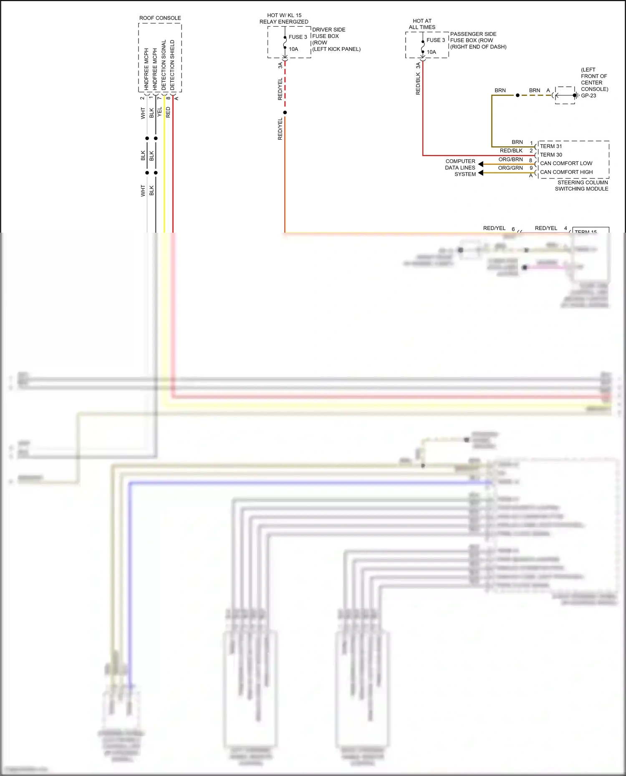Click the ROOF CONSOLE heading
click(x=160, y=18)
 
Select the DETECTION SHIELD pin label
click(x=172, y=65)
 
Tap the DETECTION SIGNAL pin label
click(x=164, y=65)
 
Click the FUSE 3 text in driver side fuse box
click(x=298, y=37)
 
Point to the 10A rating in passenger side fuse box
click(x=431, y=52)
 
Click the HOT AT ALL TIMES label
click(x=422, y=24)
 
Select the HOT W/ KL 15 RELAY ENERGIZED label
click(x=284, y=18)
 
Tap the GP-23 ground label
click(x=588, y=95)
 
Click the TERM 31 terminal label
click(x=551, y=146)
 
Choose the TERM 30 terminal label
click(x=551, y=155)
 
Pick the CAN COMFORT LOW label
click(x=566, y=163)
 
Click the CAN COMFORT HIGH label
click(x=566, y=172)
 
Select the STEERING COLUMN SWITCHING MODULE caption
click(x=582, y=186)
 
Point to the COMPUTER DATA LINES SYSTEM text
click(x=460, y=168)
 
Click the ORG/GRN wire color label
click(x=510, y=168)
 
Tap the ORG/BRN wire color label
click(x=510, y=159)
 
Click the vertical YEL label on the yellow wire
click(x=159, y=112)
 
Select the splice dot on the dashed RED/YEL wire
click(x=285, y=113)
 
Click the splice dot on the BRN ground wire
click(x=517, y=95)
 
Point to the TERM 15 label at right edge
click(x=586, y=231)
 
